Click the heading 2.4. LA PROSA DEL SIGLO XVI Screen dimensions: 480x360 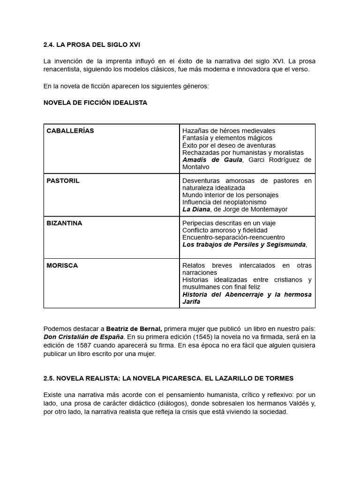click(x=91, y=45)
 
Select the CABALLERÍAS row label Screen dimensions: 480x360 click(x=70, y=131)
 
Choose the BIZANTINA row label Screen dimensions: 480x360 click(x=64, y=223)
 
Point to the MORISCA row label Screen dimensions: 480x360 click(x=62, y=265)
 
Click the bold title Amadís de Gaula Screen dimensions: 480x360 click(x=212, y=160)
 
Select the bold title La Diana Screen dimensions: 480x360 click(x=195, y=210)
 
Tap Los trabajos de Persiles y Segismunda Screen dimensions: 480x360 click(x=244, y=245)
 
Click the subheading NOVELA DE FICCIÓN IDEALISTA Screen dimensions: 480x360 click(x=95, y=103)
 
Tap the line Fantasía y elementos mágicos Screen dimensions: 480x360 click(x=227, y=138)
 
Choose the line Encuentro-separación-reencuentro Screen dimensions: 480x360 click(x=233, y=237)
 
